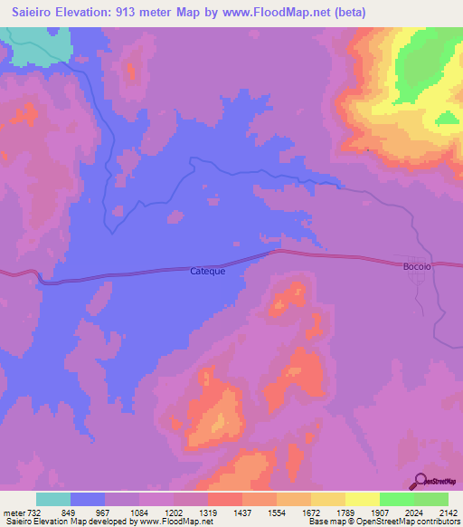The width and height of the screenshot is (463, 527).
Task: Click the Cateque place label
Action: pos(207,271)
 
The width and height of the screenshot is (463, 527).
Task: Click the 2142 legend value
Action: pos(439,513)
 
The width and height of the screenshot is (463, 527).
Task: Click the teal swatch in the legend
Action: pos(53,499)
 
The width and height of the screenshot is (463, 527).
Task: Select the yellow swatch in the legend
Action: pos(363,499)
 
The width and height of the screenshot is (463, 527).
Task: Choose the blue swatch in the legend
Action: pos(88,499)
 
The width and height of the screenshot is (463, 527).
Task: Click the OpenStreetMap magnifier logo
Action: pos(420,482)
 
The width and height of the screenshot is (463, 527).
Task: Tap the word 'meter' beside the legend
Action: pos(13,513)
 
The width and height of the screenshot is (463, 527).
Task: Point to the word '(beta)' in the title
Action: pos(348,12)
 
